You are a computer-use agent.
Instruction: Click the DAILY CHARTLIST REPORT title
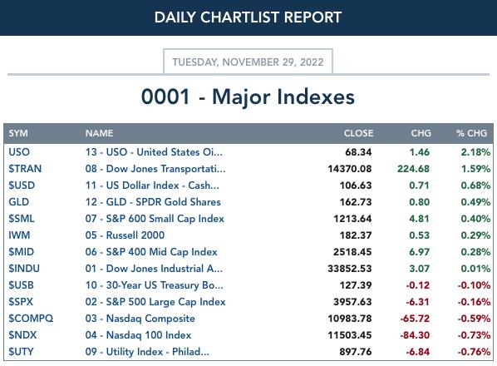(248, 17)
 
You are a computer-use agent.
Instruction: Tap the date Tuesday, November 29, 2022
(248, 62)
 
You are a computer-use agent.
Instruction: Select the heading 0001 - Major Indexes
(248, 96)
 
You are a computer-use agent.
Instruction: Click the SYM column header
(18, 133)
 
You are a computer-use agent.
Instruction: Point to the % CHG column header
(471, 133)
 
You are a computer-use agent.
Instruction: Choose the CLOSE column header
(358, 133)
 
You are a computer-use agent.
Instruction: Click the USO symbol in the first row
(19, 152)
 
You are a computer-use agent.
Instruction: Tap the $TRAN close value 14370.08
(350, 169)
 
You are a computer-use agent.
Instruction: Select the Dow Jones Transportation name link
(155, 169)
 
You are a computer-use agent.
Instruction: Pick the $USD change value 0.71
(419, 185)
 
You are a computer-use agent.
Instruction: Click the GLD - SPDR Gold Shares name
(153, 202)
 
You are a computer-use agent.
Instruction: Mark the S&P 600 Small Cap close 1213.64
(352, 219)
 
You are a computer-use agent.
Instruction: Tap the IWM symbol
(19, 235)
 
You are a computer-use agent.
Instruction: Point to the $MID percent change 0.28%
(475, 252)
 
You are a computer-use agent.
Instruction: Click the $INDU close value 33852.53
(350, 269)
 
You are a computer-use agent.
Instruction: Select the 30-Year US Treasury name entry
(155, 285)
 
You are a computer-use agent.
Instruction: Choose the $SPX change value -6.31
(418, 302)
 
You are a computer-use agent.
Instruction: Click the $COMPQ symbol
(31, 319)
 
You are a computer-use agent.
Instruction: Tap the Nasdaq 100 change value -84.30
(415, 335)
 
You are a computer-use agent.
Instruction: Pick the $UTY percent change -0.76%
(474, 352)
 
